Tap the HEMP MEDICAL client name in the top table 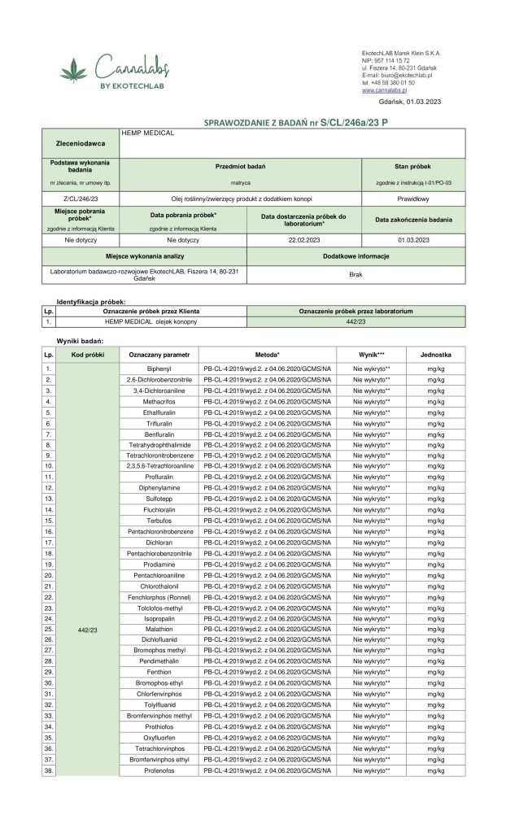[x=149, y=133]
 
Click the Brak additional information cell [x=355, y=275]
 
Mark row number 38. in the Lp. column [x=49, y=770]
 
